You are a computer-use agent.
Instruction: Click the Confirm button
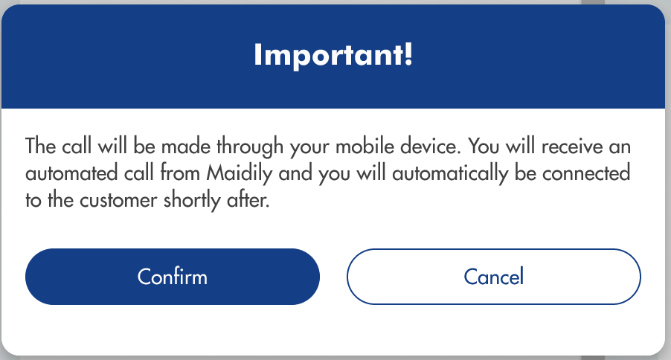173,277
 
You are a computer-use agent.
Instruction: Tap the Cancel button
494,277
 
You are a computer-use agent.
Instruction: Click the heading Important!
333,55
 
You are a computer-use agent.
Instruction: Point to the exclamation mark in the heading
408,54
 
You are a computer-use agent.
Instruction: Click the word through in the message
250,147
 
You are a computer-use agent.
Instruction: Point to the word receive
572,147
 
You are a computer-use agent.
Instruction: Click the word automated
71,173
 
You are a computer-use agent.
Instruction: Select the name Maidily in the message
240,174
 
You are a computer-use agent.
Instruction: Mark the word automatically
450,174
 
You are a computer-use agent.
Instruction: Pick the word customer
118,201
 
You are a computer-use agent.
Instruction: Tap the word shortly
192,201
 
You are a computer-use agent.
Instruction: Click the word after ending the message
248,200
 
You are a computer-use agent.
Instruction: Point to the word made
186,146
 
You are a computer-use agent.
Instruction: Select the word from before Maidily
180,173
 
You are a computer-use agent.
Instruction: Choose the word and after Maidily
295,173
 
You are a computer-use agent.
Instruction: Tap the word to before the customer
33,201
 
